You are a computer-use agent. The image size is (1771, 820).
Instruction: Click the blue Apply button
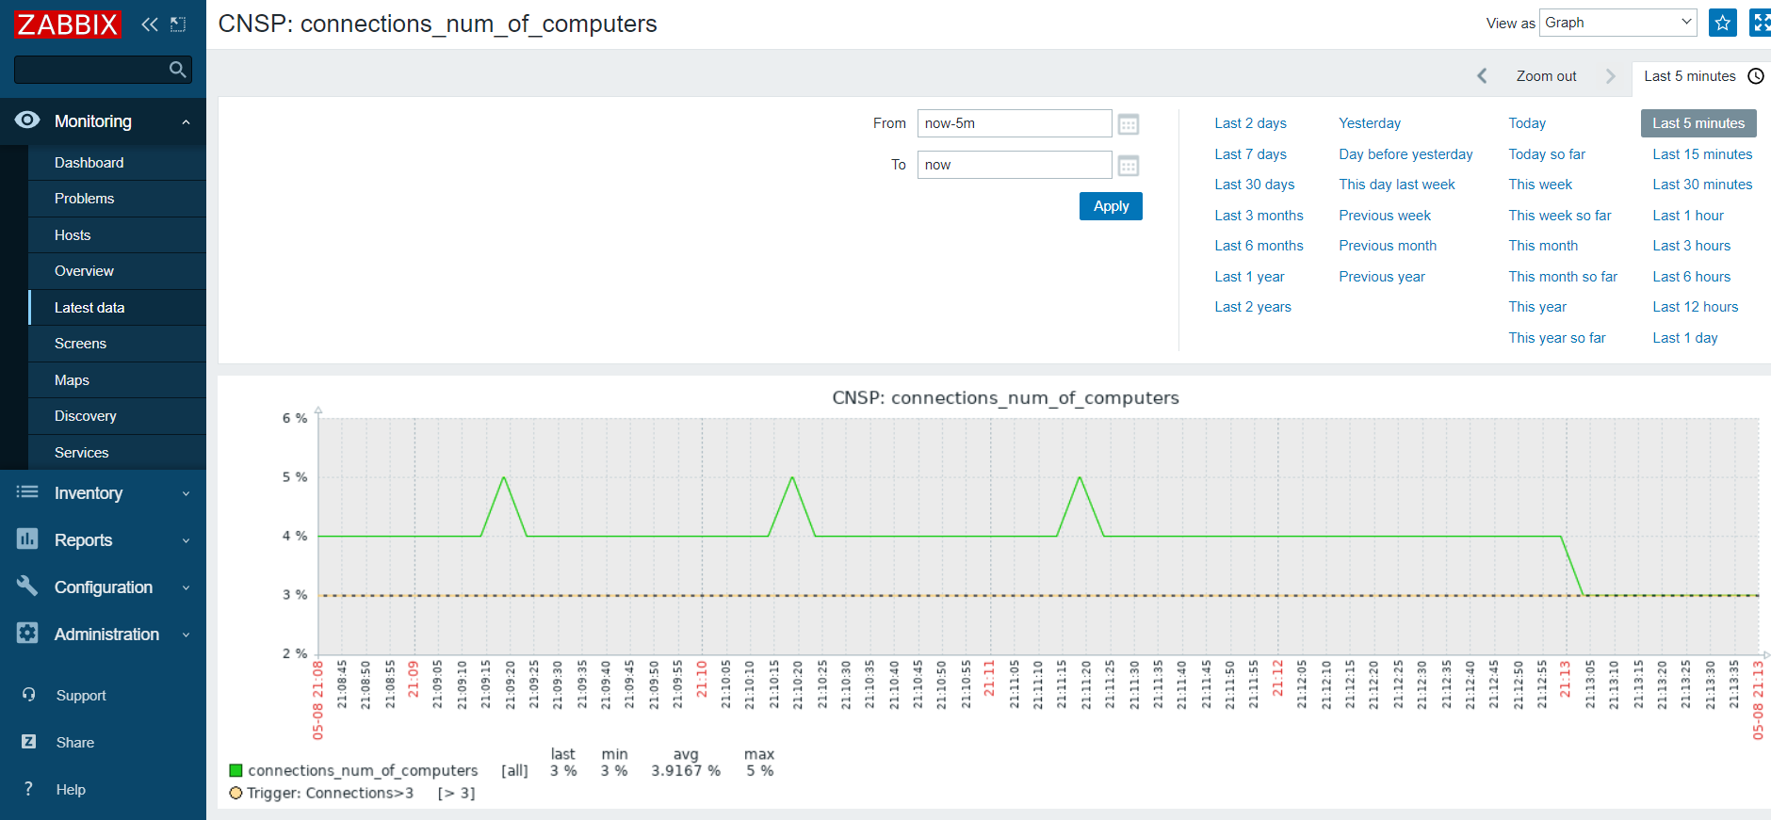[x=1111, y=206]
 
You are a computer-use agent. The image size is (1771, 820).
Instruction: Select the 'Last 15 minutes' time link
[x=1702, y=154]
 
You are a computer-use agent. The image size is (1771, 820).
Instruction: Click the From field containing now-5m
[x=1015, y=123]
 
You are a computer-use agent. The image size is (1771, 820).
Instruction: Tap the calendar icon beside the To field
[x=1129, y=166]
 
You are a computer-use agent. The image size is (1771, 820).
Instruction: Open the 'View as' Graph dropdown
[x=1618, y=23]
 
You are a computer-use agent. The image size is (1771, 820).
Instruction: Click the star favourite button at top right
[x=1723, y=23]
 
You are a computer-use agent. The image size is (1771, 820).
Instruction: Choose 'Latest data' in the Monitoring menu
[x=89, y=308]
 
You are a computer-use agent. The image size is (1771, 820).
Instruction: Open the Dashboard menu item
[x=89, y=163]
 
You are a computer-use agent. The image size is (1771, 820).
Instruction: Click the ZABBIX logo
[x=68, y=24]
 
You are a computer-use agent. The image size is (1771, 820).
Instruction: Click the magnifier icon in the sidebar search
[x=177, y=70]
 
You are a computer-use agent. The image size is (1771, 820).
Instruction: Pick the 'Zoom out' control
[x=1546, y=76]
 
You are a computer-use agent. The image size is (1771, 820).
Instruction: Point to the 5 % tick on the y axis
[x=295, y=477]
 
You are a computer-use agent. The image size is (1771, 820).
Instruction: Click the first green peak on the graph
[x=504, y=477]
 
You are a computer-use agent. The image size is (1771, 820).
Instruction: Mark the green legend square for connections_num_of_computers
[x=236, y=771]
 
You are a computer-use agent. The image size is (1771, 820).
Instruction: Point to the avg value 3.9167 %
[x=686, y=771]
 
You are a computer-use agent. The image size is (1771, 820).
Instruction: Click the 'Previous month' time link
[x=1388, y=246]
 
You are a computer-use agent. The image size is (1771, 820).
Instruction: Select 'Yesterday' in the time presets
[x=1370, y=123]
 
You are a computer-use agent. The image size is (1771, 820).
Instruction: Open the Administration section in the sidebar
[x=106, y=635]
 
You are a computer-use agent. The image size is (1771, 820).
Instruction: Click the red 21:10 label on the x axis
[x=701, y=679]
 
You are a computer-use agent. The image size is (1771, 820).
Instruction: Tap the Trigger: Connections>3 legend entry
[x=330, y=794]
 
